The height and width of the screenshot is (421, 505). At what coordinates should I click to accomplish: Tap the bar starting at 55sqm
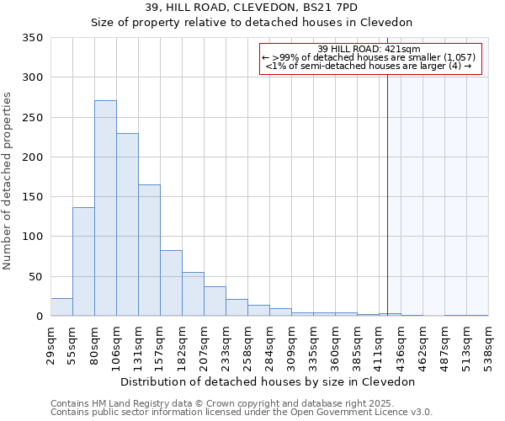click(83, 262)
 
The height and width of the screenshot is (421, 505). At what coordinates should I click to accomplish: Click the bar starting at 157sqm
click(171, 283)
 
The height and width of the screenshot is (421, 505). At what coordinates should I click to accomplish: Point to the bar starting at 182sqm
click(193, 294)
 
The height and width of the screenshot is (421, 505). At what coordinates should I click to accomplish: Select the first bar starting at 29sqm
click(61, 307)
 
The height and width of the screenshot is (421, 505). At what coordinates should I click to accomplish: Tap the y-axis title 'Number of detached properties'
click(8, 181)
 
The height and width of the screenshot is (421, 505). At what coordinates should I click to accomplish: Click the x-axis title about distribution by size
click(268, 381)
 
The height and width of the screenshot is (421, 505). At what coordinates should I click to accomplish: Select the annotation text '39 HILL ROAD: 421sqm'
click(369, 49)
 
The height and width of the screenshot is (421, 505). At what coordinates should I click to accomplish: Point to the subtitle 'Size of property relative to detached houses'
click(252, 23)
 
